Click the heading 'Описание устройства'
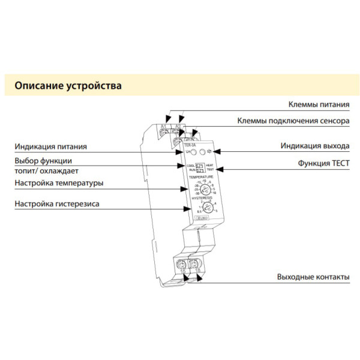pos(67,86)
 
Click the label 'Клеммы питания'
pos(319,105)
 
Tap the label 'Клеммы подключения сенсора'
pos(293,122)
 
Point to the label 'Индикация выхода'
pos(314,146)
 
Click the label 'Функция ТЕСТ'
pos(323,163)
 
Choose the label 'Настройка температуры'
pos(59,183)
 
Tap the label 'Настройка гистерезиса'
pos(57,205)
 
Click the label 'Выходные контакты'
pos(313,278)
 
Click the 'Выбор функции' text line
pos(44,161)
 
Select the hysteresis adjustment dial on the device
pos(206,208)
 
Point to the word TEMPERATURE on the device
pos(201,178)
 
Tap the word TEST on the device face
pos(211,170)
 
